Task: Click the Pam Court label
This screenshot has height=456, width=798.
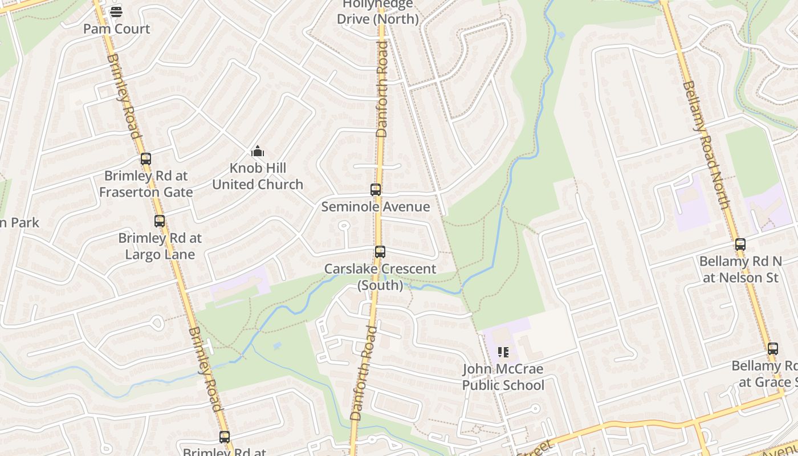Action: point(116,28)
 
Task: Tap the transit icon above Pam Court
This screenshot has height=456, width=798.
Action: point(116,11)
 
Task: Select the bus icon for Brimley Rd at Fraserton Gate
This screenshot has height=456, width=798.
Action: point(146,159)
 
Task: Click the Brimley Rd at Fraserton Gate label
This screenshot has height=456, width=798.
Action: point(146,184)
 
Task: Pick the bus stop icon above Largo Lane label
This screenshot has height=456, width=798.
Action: point(160,221)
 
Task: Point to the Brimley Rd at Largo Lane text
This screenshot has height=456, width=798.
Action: point(160,246)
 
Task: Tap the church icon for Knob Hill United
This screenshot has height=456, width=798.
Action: point(258,151)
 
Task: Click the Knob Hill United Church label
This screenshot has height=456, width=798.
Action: point(258,176)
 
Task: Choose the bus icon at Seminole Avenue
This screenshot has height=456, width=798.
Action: point(376,190)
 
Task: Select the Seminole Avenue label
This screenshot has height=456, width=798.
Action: point(376,206)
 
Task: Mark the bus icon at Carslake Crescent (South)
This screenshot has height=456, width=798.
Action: point(380,252)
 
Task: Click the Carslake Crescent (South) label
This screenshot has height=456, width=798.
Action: point(380,276)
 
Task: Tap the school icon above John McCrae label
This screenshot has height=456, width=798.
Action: point(503,352)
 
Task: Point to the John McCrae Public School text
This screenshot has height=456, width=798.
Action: point(503,377)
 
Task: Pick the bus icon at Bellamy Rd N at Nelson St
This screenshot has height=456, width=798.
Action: point(740,245)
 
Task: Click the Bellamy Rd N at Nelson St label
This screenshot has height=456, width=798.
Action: point(740,269)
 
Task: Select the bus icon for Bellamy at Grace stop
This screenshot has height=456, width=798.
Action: point(773,349)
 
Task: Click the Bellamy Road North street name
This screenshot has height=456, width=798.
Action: point(706,145)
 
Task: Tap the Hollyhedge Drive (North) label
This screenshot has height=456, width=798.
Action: point(378,12)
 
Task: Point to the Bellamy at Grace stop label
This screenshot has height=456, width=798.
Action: point(767,374)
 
